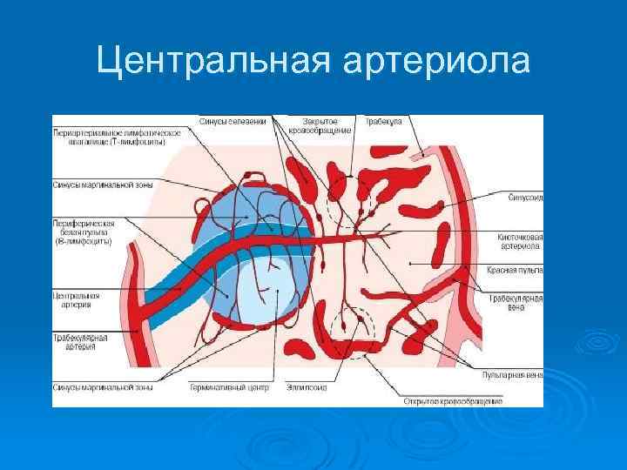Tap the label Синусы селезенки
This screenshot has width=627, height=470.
(x=233, y=121)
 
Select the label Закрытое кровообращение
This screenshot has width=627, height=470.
(x=327, y=125)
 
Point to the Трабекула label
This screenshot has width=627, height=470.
(x=384, y=121)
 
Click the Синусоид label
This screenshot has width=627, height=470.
(x=525, y=197)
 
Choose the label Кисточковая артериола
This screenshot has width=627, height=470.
(x=521, y=241)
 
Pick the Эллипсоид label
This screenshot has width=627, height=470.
(x=306, y=387)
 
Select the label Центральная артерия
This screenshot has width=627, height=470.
(x=77, y=299)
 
